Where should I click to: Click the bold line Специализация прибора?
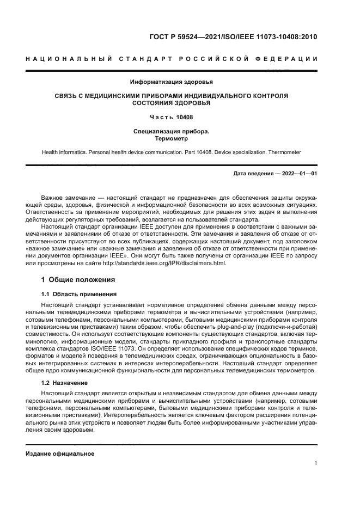pos(171,131)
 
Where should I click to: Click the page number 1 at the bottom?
pos(315,463)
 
